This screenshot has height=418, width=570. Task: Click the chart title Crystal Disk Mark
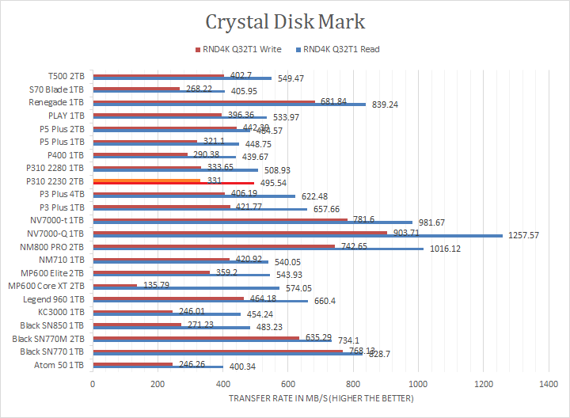[x=285, y=21]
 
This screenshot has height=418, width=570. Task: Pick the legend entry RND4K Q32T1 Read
[x=341, y=49]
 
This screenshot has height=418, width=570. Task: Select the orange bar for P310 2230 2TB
[x=146, y=180]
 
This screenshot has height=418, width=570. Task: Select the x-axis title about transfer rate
[x=321, y=397]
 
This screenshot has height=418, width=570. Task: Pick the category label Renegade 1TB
[x=56, y=103]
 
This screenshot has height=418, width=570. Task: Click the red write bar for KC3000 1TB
[x=133, y=311]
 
